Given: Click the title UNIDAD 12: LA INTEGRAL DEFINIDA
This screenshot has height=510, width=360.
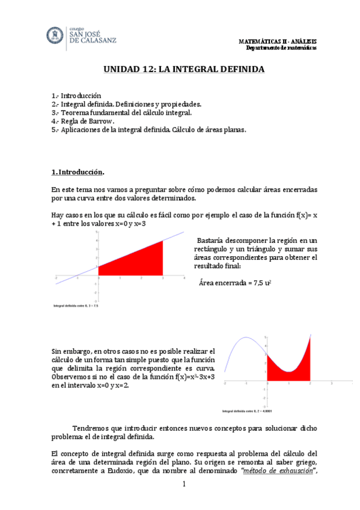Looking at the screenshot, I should point(180,70).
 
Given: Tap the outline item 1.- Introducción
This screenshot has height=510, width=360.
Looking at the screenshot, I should point(77,96).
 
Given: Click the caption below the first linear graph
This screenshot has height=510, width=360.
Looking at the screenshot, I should point(76,306).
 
